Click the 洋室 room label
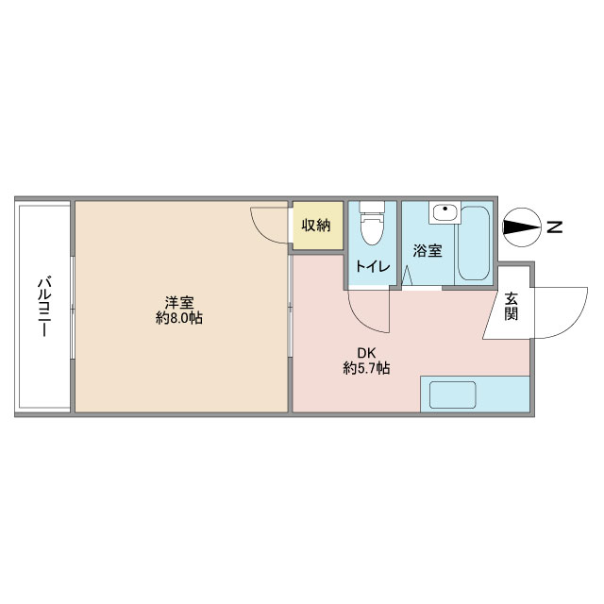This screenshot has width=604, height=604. pos(179,302)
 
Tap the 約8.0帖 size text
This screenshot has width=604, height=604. pos(179,319)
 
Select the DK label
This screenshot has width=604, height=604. pos(366,352)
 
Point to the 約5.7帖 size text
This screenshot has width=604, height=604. pos(366,369)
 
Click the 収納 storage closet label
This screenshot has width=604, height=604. pos(316,225)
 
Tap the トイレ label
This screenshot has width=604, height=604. pos(373,266)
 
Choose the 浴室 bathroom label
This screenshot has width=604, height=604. pos(428,251)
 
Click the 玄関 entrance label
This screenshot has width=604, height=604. pos(512,306)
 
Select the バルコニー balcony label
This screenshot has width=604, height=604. pos(44,306)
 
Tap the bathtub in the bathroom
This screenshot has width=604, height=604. pos(474,243)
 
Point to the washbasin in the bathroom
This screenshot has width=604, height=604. pos(445,211)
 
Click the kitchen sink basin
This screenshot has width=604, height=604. pos(453,394)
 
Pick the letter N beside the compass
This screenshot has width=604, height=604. pos(554,226)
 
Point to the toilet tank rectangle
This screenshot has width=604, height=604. pos(372,207)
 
